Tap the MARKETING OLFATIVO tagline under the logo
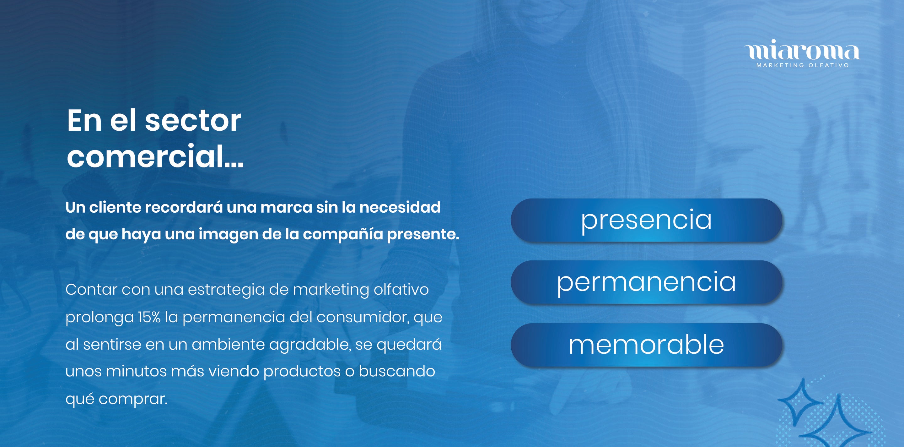click(803, 65)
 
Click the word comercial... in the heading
click(155, 156)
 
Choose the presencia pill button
click(646, 220)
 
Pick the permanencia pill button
click(646, 282)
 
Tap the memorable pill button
click(646, 345)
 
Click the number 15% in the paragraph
click(149, 317)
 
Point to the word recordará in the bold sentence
click(184, 207)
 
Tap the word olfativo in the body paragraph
click(401, 289)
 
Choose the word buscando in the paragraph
click(397, 371)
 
